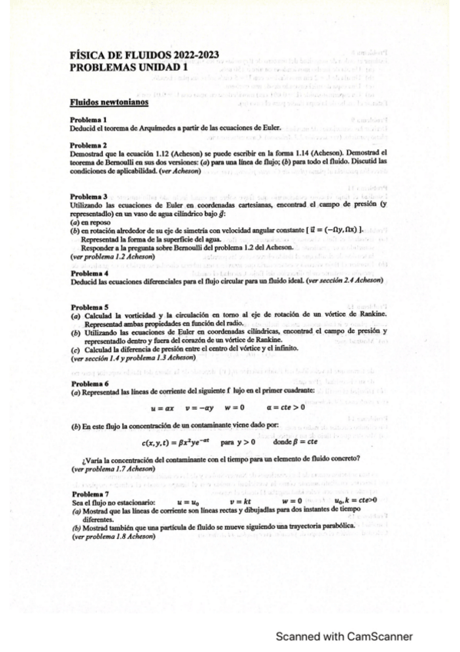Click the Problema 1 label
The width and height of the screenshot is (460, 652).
point(88,120)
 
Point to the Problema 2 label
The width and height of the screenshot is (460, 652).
point(88,145)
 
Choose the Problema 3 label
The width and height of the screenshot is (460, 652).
point(88,198)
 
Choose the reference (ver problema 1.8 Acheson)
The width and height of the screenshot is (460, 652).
point(111,537)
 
